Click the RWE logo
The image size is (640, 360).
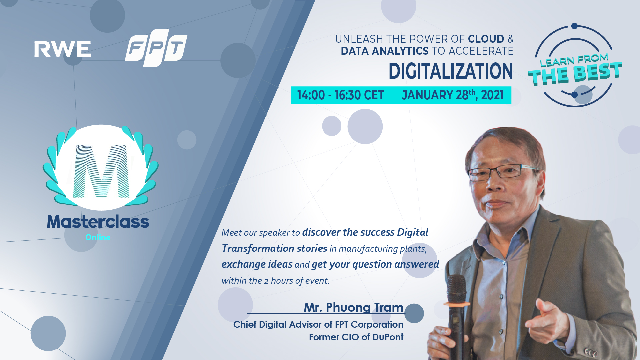(63, 49)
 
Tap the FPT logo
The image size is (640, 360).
(156, 48)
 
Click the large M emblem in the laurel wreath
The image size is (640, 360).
(101, 171)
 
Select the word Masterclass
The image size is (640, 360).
(98, 222)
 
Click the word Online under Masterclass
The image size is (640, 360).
(98, 237)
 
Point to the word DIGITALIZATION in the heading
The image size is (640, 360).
(451, 71)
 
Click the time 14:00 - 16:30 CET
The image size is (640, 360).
(341, 95)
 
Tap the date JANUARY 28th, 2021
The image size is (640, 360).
(453, 95)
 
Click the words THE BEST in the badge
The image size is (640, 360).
(575, 73)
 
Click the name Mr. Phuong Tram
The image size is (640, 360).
(353, 307)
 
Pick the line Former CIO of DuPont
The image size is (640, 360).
(356, 337)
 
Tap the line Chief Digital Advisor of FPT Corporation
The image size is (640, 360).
(318, 324)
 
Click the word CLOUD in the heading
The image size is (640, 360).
(486, 39)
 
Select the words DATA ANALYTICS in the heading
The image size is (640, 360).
(384, 51)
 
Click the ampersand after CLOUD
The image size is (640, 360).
(511, 39)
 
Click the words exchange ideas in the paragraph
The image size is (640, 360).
(257, 264)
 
